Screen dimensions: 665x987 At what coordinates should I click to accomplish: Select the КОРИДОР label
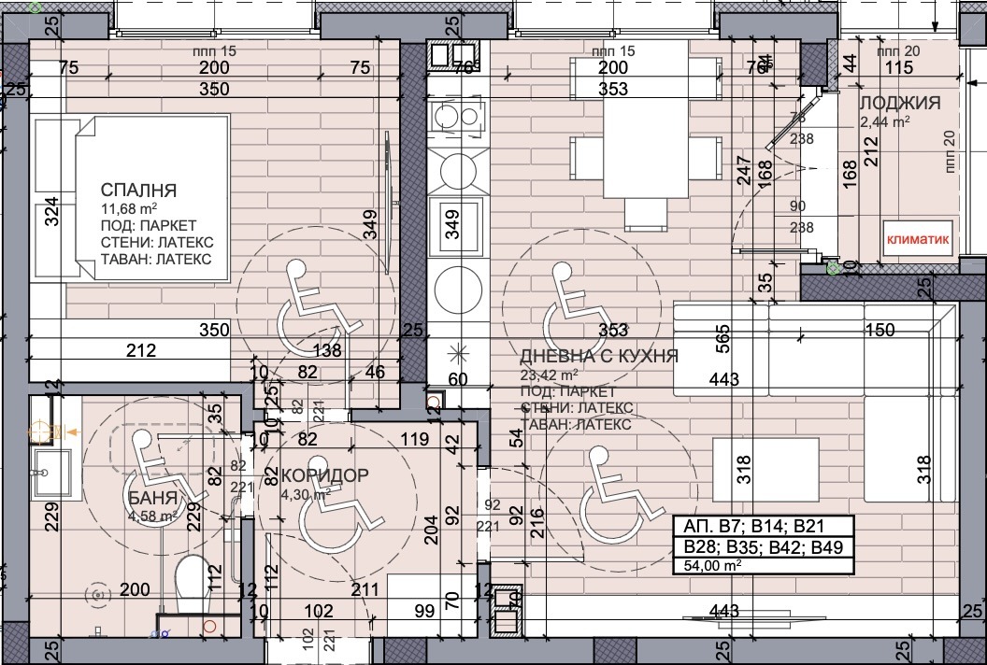(322, 475)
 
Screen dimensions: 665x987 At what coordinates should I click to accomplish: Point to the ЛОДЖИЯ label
(899, 103)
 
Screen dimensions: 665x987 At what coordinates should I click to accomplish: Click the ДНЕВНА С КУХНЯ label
(598, 356)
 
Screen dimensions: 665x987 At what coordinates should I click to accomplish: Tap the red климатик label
(918, 239)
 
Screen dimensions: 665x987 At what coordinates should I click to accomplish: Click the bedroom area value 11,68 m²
(128, 208)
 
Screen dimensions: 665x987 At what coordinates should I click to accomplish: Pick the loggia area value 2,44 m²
(884, 120)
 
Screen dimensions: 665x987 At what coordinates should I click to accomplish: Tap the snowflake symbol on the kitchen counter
(458, 354)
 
